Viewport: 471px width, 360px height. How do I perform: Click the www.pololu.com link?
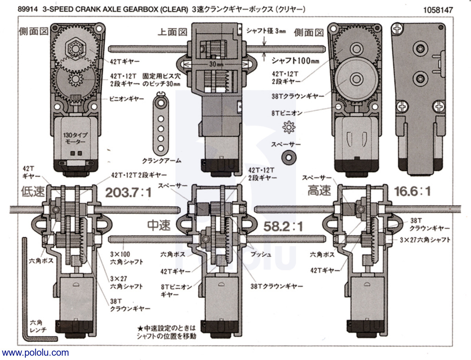point(35,353)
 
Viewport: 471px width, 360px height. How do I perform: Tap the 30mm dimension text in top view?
point(215,64)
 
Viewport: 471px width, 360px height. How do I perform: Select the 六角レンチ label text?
point(38,326)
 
